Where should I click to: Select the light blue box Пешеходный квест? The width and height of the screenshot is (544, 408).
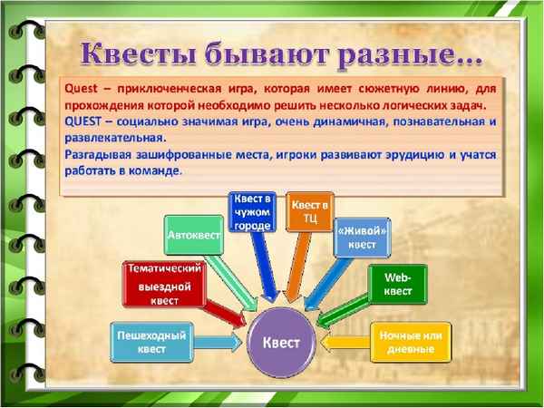pos(151,342)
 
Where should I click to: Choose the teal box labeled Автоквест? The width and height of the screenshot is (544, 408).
pos(194,235)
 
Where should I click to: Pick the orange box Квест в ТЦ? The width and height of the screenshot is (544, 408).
pos(309,211)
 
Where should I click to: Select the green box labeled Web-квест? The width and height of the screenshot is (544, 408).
pos(398,283)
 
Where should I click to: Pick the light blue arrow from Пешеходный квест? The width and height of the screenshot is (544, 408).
pos(218,343)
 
